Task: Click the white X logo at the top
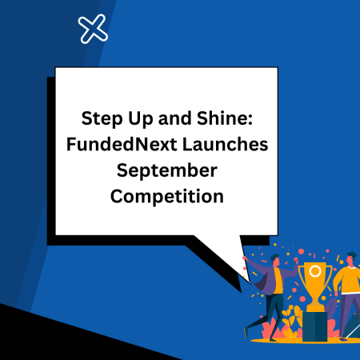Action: (94, 30)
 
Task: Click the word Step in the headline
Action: (98, 119)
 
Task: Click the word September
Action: (166, 170)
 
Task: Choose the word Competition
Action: (167, 196)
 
